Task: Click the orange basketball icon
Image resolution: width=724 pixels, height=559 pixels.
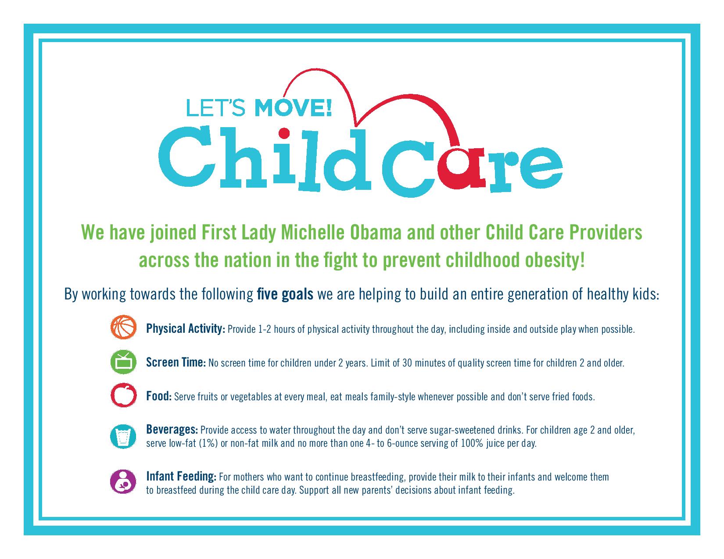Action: [124, 327]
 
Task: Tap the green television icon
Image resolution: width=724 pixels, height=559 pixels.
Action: [124, 362]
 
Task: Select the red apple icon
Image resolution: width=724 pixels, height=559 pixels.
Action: [124, 395]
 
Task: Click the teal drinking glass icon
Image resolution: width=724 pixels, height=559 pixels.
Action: [123, 436]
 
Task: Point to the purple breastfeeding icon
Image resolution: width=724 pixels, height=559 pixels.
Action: [123, 482]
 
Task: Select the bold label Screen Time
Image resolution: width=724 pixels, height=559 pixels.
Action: [176, 362]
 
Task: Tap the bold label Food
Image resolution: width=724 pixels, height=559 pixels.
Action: [159, 396]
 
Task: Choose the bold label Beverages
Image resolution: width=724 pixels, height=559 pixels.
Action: [172, 430]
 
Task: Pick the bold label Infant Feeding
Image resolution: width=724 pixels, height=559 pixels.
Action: [182, 477]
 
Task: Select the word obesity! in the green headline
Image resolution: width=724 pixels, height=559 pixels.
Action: [555, 260]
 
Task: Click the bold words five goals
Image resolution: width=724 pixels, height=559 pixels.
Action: [285, 294]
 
